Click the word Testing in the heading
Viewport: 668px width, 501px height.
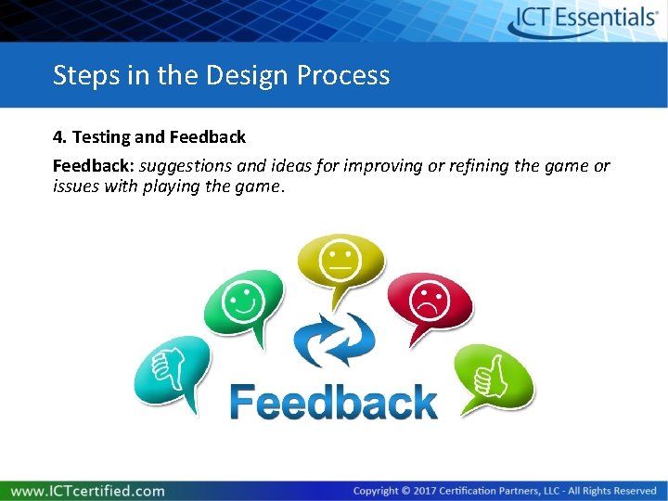101,137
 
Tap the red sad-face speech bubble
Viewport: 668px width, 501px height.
430,302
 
